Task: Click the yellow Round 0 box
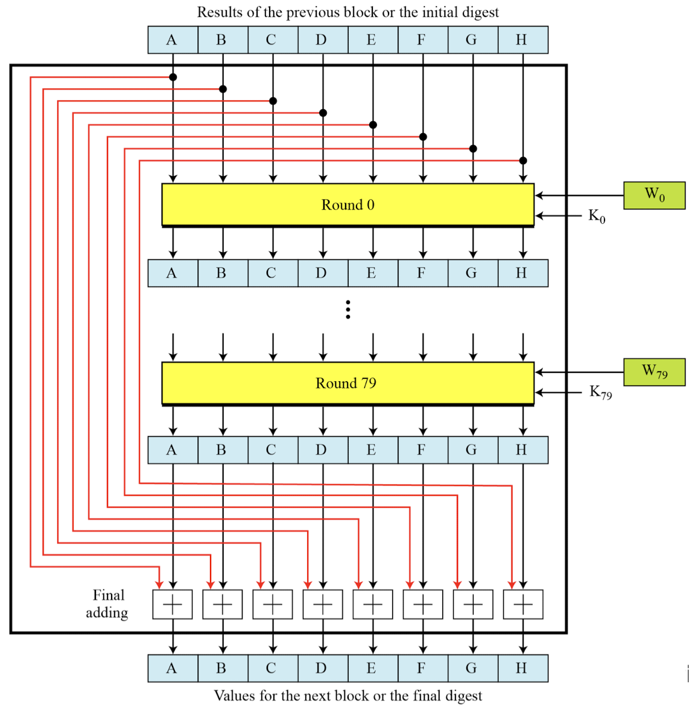click(x=348, y=204)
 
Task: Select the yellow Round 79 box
click(x=348, y=383)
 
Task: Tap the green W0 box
click(x=654, y=195)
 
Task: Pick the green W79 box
click(x=654, y=372)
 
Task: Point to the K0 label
click(x=597, y=216)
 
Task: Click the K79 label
click(x=600, y=393)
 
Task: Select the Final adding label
click(x=107, y=604)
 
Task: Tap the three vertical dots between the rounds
click(x=348, y=309)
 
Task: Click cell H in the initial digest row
click(x=522, y=40)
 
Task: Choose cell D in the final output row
click(x=322, y=668)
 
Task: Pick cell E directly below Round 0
click(x=372, y=273)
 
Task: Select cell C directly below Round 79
click(x=272, y=450)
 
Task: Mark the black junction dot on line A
click(x=173, y=77)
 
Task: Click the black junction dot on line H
click(x=523, y=160)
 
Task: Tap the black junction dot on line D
click(x=323, y=113)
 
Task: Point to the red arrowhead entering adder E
click(x=358, y=584)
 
